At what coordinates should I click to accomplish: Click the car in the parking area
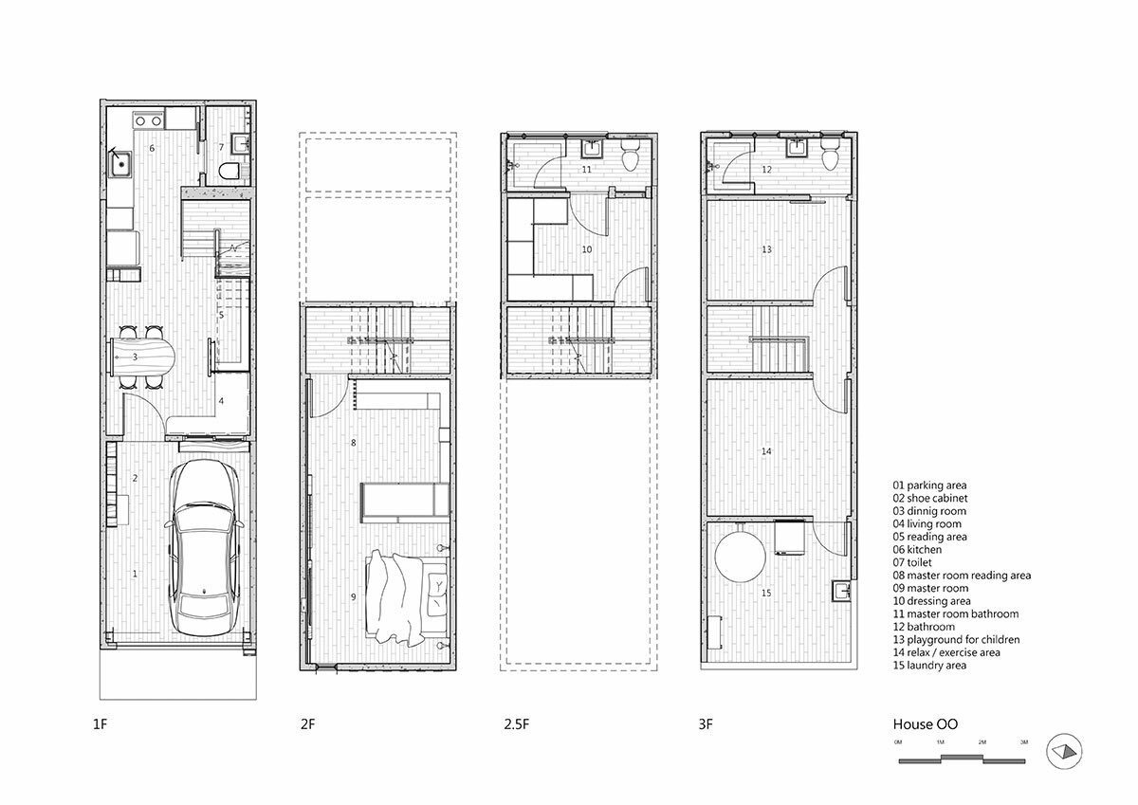[205, 547]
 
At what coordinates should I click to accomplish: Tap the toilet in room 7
[229, 171]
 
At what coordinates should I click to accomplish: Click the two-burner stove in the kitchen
[148, 120]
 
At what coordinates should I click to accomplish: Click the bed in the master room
[407, 597]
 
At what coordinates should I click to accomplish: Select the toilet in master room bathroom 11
[631, 156]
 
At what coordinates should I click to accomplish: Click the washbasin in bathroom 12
[796, 148]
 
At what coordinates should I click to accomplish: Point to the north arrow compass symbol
[1064, 751]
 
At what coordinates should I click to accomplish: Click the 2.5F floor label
[516, 724]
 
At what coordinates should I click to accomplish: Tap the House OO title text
[926, 724]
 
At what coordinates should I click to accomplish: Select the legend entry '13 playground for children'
[956, 639]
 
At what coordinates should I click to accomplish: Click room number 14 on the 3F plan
[766, 451]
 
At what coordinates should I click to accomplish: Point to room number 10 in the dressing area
[587, 249]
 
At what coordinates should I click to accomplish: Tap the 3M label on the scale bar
[1024, 742]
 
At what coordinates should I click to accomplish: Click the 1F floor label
[101, 724]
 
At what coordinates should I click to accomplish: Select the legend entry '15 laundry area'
[929, 666]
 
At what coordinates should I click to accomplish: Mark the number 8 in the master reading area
[354, 443]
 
